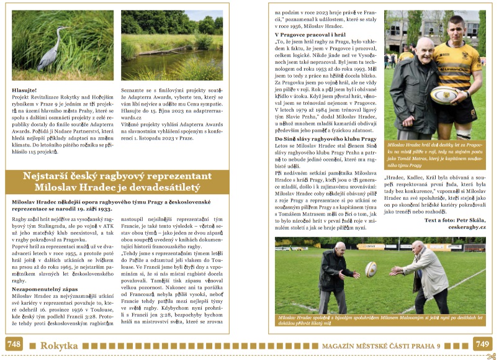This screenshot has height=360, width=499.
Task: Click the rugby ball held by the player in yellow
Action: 443,95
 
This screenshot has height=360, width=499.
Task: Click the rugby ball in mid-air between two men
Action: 371,269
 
